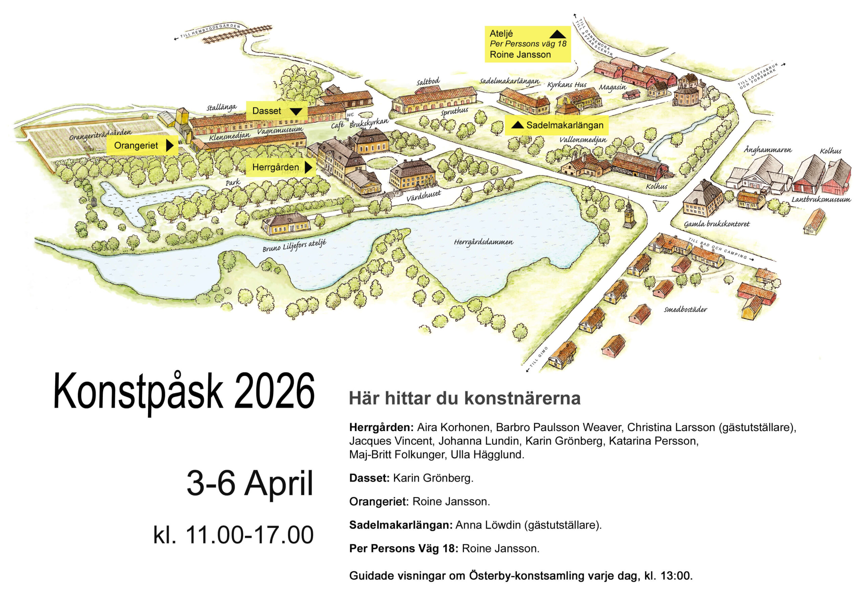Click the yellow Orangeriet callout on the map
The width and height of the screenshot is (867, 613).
pyautogui.click(x=142, y=145)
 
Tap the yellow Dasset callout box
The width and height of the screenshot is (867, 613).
pyautogui.click(x=276, y=111)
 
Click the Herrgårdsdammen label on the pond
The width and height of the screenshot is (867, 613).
pyautogui.click(x=483, y=242)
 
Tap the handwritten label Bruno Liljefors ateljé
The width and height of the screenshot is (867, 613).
pyautogui.click(x=294, y=246)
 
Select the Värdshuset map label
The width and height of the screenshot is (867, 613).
pyautogui.click(x=423, y=196)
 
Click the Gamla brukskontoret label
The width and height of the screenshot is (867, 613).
pyautogui.click(x=716, y=224)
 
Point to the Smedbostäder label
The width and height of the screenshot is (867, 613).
pyautogui.click(x=685, y=310)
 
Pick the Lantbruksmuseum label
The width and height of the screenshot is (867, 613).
pyautogui.click(x=821, y=199)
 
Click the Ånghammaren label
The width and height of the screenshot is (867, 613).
pyautogui.click(x=768, y=150)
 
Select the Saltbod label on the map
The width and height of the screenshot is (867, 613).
pyautogui.click(x=428, y=82)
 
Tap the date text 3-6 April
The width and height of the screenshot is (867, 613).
pyautogui.click(x=250, y=483)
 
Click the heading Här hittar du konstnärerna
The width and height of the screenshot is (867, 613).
pyautogui.click(x=464, y=399)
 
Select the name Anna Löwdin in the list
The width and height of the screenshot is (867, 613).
pyautogui.click(x=488, y=525)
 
